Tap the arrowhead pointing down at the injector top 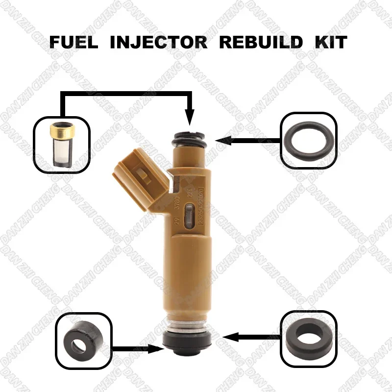191,118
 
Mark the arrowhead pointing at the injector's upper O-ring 220,141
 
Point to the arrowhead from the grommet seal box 226,337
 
